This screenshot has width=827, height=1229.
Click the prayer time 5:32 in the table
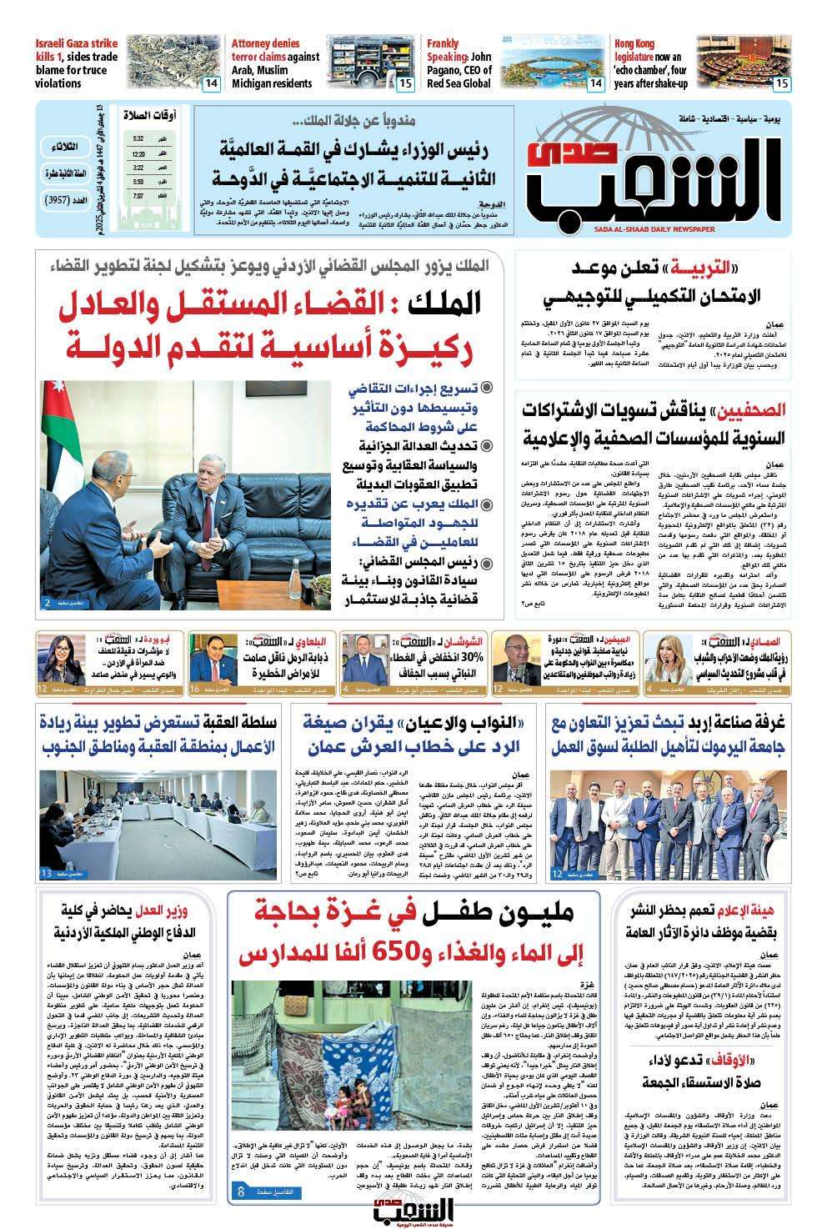(138, 138)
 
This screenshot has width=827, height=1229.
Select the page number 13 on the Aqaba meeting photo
(45, 872)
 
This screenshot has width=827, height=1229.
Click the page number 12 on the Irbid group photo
(556, 872)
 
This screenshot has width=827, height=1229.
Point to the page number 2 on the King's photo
(48, 601)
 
